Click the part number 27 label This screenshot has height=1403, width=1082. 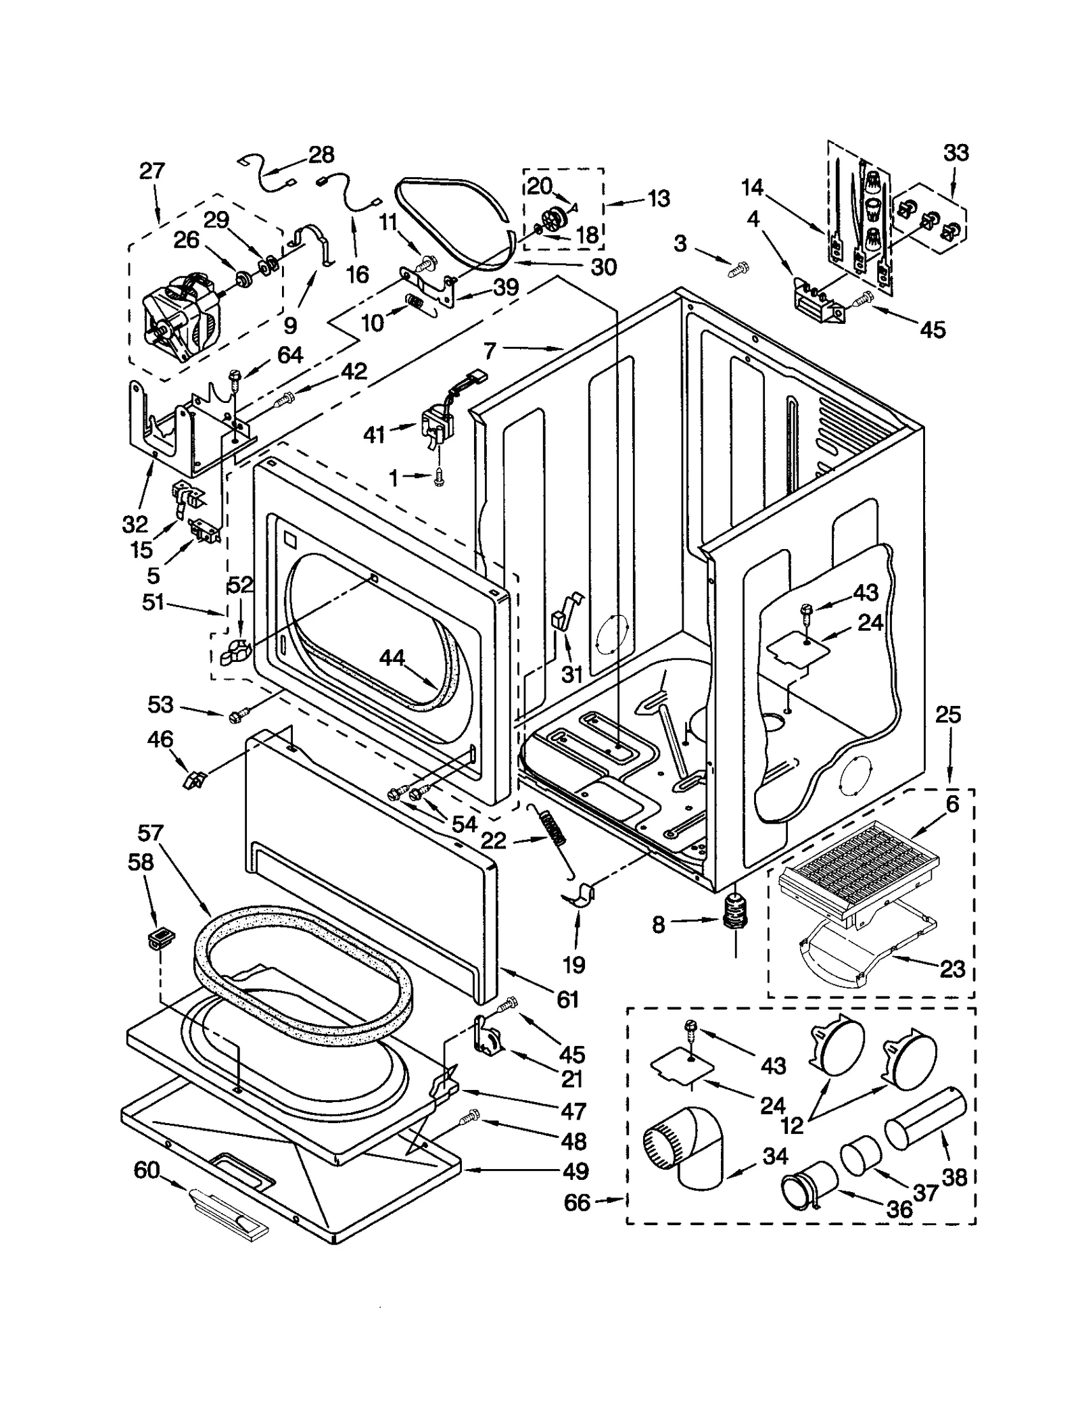[x=152, y=170]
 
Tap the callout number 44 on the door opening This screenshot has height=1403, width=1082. [x=392, y=657]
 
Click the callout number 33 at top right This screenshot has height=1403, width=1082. [x=956, y=153]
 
